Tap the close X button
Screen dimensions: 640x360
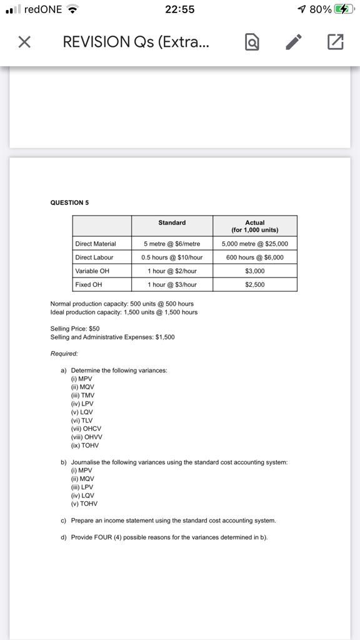pyautogui.click(x=24, y=42)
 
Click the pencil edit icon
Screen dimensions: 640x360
pyautogui.click(x=292, y=42)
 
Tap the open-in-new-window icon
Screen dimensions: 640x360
pyautogui.click(x=335, y=42)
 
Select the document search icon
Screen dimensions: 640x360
pyautogui.click(x=251, y=42)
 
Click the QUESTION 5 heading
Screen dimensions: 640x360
pyautogui.click(x=69, y=202)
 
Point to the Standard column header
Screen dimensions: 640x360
pyautogui.click(x=172, y=222)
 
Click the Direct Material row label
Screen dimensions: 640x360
pyautogui.click(x=95, y=243)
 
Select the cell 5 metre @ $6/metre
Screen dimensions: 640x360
pyautogui.click(x=172, y=243)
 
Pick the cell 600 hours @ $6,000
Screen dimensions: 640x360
pyautogui.click(x=254, y=257)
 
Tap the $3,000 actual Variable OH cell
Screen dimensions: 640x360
pyautogui.click(x=254, y=271)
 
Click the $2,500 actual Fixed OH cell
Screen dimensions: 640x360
pyautogui.click(x=254, y=284)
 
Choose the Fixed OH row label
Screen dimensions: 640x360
pyautogui.click(x=88, y=284)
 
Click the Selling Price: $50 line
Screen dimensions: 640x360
pyautogui.click(x=75, y=328)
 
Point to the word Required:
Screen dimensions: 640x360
pyautogui.click(x=64, y=353)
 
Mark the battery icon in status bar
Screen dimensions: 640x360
pyautogui.click(x=342, y=9)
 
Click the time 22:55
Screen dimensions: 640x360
pyautogui.click(x=179, y=9)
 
